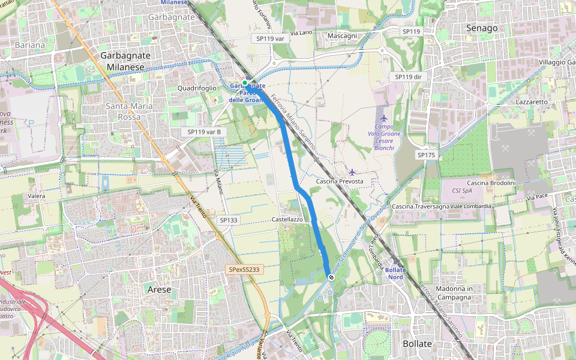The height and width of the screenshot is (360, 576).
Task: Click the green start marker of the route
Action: tap(245, 83)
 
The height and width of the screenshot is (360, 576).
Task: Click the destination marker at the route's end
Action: tap(330, 277)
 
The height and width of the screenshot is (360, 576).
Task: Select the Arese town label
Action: tap(159, 289)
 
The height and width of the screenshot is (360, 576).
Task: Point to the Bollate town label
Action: tap(417, 344)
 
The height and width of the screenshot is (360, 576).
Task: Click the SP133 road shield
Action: tap(229, 220)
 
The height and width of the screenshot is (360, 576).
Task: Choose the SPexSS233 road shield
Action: tap(244, 269)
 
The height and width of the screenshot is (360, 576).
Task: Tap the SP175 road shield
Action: tap(426, 155)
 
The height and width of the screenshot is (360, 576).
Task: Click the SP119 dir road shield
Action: tap(407, 77)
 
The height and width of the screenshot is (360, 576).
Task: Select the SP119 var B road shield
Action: tap(204, 131)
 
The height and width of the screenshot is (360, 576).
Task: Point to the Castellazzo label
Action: tap(287, 220)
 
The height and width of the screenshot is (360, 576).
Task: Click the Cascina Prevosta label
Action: tap(340, 181)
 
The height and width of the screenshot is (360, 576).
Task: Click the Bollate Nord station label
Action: tap(395, 274)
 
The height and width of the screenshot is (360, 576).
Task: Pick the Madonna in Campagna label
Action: tap(451, 293)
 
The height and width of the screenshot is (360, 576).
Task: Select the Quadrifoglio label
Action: tap(197, 88)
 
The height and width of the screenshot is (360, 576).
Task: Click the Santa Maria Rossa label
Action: tap(129, 112)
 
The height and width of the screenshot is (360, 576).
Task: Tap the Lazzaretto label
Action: tap(532, 102)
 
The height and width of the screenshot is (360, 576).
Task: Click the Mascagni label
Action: tap(343, 36)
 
